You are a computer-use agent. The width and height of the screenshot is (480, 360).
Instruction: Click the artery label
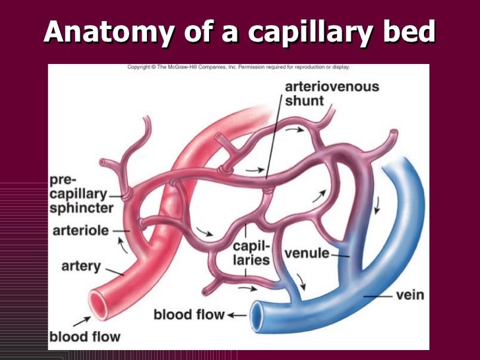(80, 266)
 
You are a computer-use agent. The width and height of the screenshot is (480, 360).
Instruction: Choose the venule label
(307, 253)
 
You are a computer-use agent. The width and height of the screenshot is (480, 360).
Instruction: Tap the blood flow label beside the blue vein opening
(189, 315)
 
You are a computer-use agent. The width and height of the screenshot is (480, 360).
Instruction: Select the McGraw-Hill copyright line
(238, 67)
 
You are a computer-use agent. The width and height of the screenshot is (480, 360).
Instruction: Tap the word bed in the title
(411, 32)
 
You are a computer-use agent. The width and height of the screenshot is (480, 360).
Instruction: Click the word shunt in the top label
(304, 102)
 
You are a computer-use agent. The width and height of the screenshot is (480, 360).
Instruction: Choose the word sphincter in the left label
(81, 208)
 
